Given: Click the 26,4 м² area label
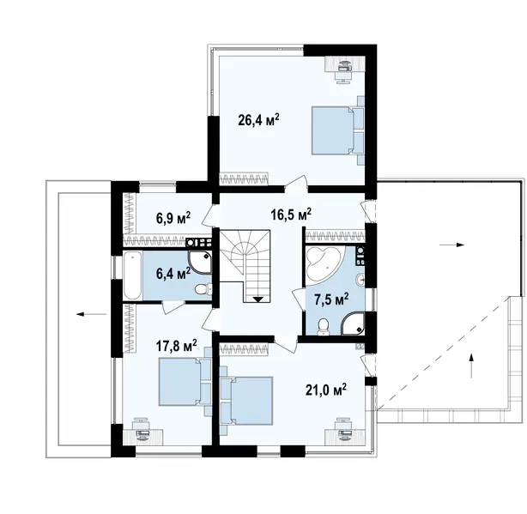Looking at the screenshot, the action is (259, 119).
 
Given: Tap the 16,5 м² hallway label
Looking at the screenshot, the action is (291, 215).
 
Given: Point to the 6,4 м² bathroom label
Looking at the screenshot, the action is (173, 273).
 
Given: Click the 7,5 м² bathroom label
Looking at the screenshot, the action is (331, 299).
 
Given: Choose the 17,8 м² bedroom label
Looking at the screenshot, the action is (177, 346).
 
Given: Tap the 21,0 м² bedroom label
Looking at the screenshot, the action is (326, 390).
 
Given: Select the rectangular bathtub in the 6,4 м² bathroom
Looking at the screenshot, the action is (132, 275).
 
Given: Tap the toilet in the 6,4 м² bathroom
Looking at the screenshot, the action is (203, 288).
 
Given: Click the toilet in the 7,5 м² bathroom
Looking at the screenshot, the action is (324, 326).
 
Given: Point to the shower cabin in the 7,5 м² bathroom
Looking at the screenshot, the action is (353, 324).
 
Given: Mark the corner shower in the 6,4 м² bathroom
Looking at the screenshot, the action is (200, 263).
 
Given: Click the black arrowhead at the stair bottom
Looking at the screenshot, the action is (258, 299).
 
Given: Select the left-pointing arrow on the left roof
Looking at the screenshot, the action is (91, 314).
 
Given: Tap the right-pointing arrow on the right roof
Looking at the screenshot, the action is (452, 245).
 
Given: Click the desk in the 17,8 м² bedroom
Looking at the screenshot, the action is (142, 436).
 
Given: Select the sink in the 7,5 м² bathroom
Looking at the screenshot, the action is (360, 279).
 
